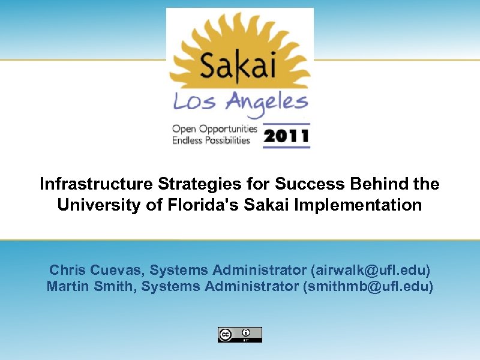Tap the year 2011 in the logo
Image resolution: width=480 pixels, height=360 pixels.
click(x=286, y=137)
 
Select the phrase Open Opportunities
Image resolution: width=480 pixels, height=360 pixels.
click(x=214, y=129)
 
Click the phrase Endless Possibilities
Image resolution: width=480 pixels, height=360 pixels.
click(x=211, y=140)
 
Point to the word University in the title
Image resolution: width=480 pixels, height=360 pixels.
click(x=96, y=205)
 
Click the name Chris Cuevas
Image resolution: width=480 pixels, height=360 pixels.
click(x=97, y=269)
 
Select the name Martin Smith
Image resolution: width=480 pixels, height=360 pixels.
click(x=91, y=286)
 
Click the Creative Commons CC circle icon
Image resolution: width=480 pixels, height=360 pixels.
click(x=226, y=335)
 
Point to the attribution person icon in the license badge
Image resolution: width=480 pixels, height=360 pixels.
click(x=246, y=332)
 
